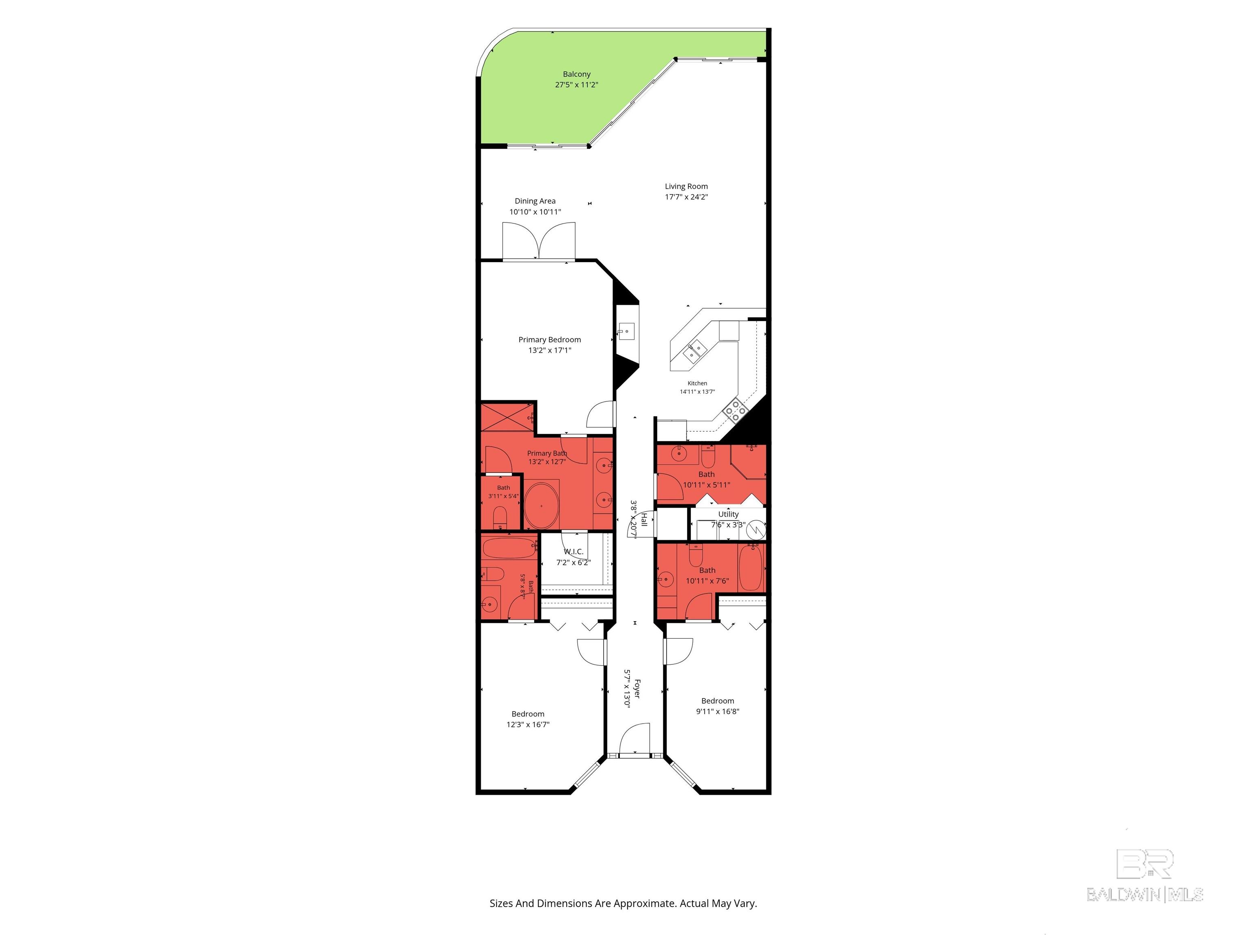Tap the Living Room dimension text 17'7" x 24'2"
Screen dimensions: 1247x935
coord(686,197)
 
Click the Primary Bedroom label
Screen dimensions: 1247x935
coord(550,340)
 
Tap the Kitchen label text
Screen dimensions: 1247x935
coord(697,383)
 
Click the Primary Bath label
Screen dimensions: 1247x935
coord(547,453)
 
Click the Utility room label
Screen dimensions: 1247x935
coord(728,514)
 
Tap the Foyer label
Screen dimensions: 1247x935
coord(637,689)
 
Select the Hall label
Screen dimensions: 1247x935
coord(644,519)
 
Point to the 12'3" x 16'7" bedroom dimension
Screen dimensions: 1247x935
coord(528,725)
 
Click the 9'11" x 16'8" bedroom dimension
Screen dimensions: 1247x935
coord(718,711)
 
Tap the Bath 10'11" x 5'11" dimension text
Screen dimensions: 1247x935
coord(706,485)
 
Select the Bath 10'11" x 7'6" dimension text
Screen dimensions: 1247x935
coord(708,580)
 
